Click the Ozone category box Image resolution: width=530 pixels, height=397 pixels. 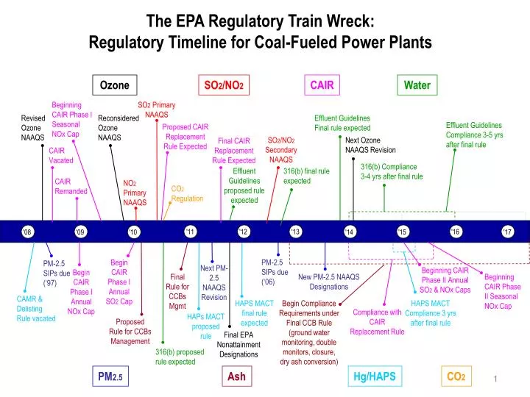[x=115, y=85]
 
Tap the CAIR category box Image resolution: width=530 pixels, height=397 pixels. [x=322, y=85]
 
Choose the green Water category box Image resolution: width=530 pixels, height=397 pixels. [x=417, y=85]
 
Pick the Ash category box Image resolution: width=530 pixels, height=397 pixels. [x=237, y=377]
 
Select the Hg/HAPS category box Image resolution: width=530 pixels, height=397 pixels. [x=374, y=377]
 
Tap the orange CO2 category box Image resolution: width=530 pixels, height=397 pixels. [x=456, y=377]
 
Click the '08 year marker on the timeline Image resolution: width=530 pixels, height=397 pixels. [x=27, y=232]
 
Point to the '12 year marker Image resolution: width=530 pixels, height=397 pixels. [x=244, y=232]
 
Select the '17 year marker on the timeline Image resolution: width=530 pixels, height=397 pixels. [x=507, y=232]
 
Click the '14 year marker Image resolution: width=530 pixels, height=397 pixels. [x=349, y=232]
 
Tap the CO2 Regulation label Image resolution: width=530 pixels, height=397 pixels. [x=187, y=193]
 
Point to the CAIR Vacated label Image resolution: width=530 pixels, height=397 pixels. [x=62, y=155]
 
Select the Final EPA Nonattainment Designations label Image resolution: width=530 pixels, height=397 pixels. [x=238, y=344]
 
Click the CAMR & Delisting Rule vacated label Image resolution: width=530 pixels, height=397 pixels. [x=36, y=309]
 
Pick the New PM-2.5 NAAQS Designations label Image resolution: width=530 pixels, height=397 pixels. [x=328, y=282]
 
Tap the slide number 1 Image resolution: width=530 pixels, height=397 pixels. [x=497, y=379]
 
